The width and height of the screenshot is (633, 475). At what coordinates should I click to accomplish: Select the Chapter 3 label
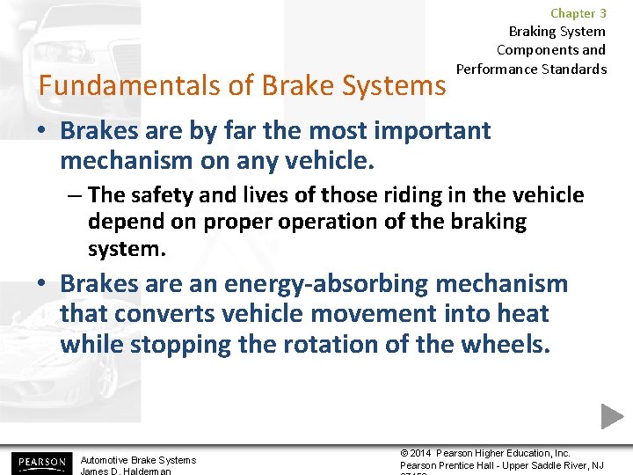pyautogui.click(x=578, y=13)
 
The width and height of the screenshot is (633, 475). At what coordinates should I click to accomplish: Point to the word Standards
pyautogui.click(x=576, y=69)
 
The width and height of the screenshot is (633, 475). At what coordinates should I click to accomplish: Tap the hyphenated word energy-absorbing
pyautogui.click(x=326, y=284)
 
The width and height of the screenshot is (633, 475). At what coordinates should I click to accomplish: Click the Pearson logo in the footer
pyautogui.click(x=40, y=463)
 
